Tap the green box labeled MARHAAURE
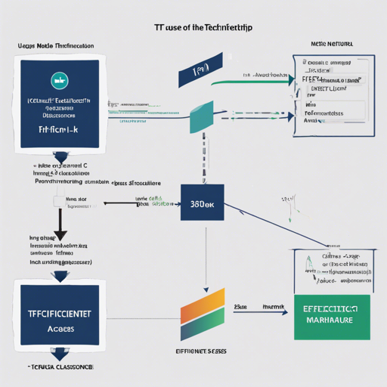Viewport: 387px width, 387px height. [330, 317]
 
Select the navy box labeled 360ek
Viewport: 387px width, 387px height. [202, 204]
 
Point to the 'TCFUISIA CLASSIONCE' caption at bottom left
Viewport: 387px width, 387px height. [60, 366]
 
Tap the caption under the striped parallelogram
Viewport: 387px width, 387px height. [203, 351]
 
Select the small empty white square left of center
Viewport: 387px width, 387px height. [59, 202]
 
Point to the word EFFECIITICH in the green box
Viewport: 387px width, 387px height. [330, 309]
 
